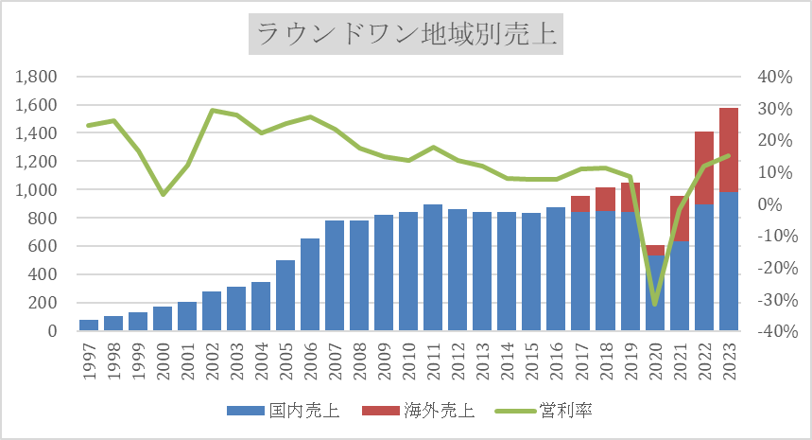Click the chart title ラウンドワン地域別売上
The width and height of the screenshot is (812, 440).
[x=406, y=37]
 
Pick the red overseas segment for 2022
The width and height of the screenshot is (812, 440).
[x=703, y=167]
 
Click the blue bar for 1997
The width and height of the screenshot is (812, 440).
[x=89, y=326]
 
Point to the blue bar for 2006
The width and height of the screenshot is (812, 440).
[x=310, y=285]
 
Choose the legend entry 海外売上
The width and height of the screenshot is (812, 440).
[x=434, y=410]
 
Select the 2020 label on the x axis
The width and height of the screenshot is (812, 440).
[x=654, y=360]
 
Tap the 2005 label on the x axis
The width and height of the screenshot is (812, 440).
[x=285, y=360]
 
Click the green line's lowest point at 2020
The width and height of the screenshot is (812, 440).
[x=654, y=304]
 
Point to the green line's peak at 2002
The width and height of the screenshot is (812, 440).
[x=212, y=111]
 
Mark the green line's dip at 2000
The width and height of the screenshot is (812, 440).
[x=163, y=194]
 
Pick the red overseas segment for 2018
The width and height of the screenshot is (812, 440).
[x=605, y=200]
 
